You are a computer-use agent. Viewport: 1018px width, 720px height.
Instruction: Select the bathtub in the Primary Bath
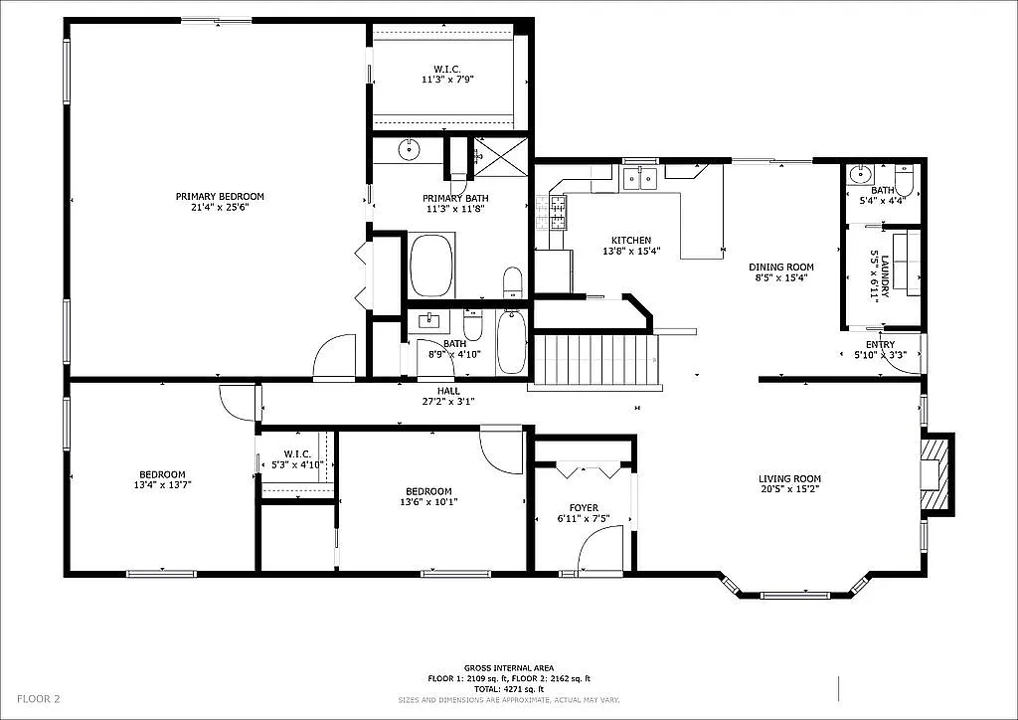click(x=431, y=266)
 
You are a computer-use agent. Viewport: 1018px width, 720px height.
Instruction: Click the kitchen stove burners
click(x=557, y=213)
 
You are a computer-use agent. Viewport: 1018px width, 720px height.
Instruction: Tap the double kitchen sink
click(x=639, y=179)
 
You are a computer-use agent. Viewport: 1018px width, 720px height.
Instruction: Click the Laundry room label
click(x=878, y=274)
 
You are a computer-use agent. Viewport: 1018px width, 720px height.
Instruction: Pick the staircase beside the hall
click(x=594, y=360)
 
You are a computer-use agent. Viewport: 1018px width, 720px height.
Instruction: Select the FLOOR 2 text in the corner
click(x=38, y=699)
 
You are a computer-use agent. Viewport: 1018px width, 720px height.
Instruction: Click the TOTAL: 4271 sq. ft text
click(x=508, y=689)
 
